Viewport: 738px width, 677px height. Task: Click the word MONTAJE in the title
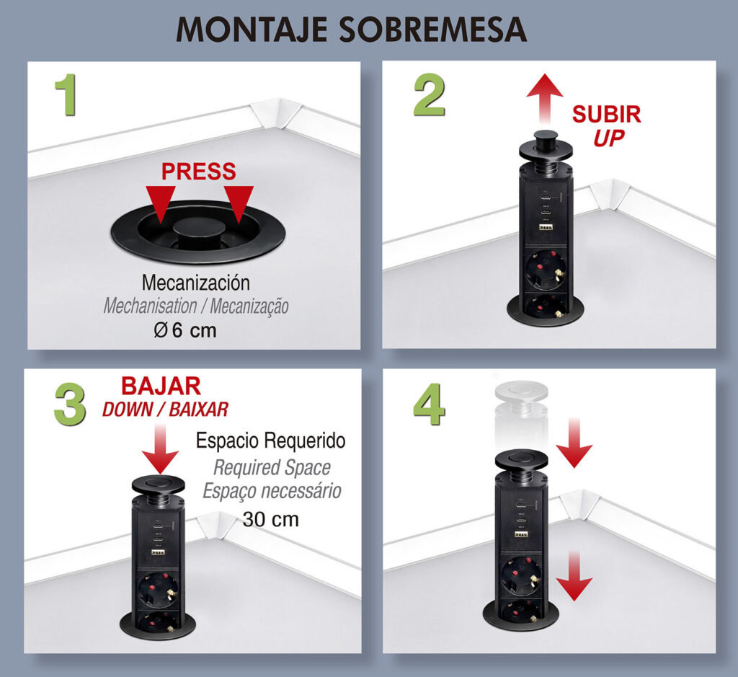tap(252, 30)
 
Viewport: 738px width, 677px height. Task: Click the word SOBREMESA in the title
tap(432, 30)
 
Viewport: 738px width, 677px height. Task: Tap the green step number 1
tap(66, 94)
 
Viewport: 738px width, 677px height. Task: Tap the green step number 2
tap(430, 96)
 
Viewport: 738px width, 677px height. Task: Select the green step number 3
tap(70, 404)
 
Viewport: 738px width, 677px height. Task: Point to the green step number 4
tap(430, 404)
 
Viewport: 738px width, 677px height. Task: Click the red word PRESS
tap(199, 172)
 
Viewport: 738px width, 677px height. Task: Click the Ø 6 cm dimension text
tap(185, 330)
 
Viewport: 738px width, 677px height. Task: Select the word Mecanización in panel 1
tap(196, 283)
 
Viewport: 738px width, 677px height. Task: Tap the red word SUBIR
tap(607, 115)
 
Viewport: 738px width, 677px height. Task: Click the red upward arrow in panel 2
tap(545, 99)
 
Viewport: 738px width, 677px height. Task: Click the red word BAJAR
tap(161, 386)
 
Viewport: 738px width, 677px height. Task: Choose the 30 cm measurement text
tap(271, 520)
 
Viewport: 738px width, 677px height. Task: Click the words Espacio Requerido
tap(271, 441)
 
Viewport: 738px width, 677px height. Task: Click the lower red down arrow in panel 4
tap(574, 576)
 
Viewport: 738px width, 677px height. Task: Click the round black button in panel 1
tap(199, 230)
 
